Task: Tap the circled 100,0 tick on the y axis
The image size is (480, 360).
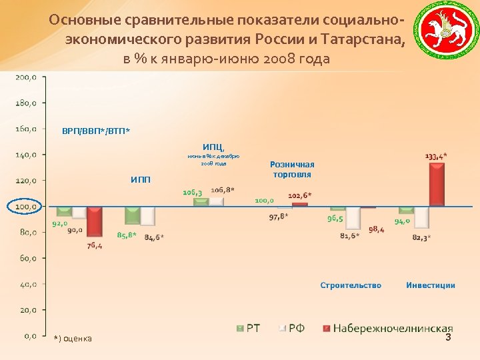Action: [x=26, y=207]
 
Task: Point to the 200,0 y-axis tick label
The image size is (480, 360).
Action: [x=26, y=77]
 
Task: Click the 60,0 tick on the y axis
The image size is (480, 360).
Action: [x=26, y=258]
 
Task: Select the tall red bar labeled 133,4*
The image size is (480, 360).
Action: [x=436, y=185]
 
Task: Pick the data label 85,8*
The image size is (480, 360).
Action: [x=127, y=235]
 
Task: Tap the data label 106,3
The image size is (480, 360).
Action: [x=193, y=192]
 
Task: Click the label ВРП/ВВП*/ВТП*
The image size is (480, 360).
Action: [x=96, y=130]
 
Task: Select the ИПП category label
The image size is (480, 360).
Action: [x=141, y=179]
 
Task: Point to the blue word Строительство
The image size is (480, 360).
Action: [x=351, y=285]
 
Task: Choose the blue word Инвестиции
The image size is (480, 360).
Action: [x=431, y=285]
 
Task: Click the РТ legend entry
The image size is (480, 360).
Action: [x=249, y=329]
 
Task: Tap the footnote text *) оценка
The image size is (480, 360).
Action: [x=73, y=339]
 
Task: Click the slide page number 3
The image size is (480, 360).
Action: [x=448, y=338]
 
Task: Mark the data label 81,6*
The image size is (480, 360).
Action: [x=349, y=235]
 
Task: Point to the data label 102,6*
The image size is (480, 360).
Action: [x=300, y=195]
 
